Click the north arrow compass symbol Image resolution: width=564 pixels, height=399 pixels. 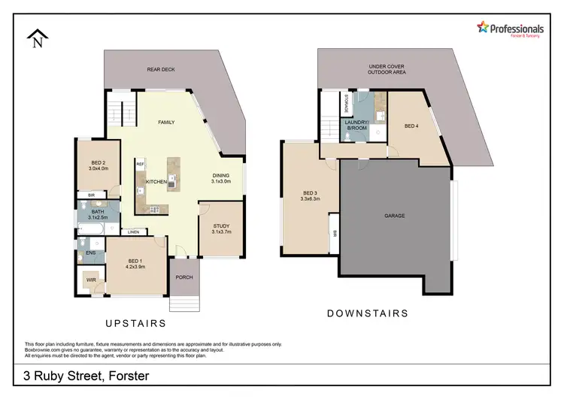click(x=37, y=38)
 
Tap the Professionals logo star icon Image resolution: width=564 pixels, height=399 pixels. click(x=484, y=27)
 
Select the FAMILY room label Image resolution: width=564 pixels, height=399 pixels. click(x=166, y=122)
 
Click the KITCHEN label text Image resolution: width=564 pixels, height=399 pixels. click(x=156, y=183)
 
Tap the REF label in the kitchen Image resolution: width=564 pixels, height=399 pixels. click(x=140, y=163)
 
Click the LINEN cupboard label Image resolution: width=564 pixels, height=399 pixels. click(x=133, y=231)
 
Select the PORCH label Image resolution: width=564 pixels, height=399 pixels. click(x=184, y=277)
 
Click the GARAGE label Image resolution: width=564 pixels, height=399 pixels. click(x=395, y=216)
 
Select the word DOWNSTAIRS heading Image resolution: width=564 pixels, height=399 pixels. click(x=368, y=313)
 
